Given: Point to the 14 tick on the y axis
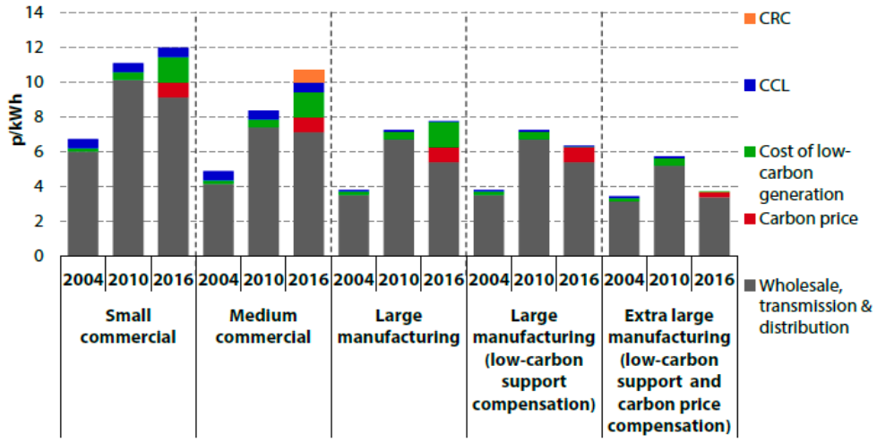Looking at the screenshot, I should (x=42, y=13).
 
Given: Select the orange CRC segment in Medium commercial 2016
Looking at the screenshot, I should (x=308, y=76).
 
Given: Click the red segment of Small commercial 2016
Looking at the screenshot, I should (x=173, y=90).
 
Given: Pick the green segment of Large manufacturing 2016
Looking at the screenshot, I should (x=443, y=135).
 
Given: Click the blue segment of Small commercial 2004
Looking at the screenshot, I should (x=83, y=143).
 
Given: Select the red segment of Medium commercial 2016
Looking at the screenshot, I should (x=308, y=124).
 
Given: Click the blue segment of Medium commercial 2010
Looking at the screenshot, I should (x=263, y=115).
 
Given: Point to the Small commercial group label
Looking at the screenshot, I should (x=128, y=327).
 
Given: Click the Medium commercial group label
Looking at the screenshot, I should (x=263, y=327).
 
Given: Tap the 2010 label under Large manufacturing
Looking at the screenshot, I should (x=399, y=279).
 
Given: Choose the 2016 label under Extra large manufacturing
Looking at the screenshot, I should (x=713, y=279).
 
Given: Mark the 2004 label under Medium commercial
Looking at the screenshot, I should (x=219, y=279).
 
